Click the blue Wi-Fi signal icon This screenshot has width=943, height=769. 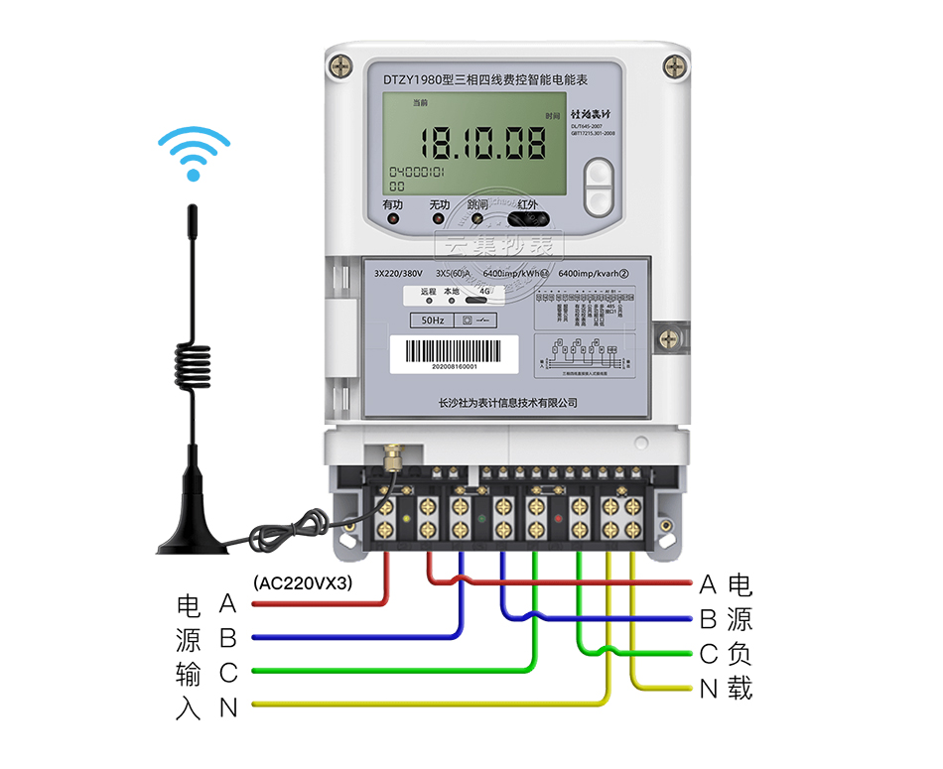[x=194, y=155]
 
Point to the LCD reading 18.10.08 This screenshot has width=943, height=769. [x=481, y=144]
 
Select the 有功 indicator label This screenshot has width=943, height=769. [x=393, y=205]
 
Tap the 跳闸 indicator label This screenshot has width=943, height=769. [x=478, y=205]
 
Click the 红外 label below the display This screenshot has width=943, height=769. [x=527, y=205]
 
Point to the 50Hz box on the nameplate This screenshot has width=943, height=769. [x=433, y=320]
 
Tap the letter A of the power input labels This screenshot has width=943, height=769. [x=228, y=603]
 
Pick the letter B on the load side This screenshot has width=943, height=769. [x=709, y=620]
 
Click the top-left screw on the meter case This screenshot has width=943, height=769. [x=343, y=65]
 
